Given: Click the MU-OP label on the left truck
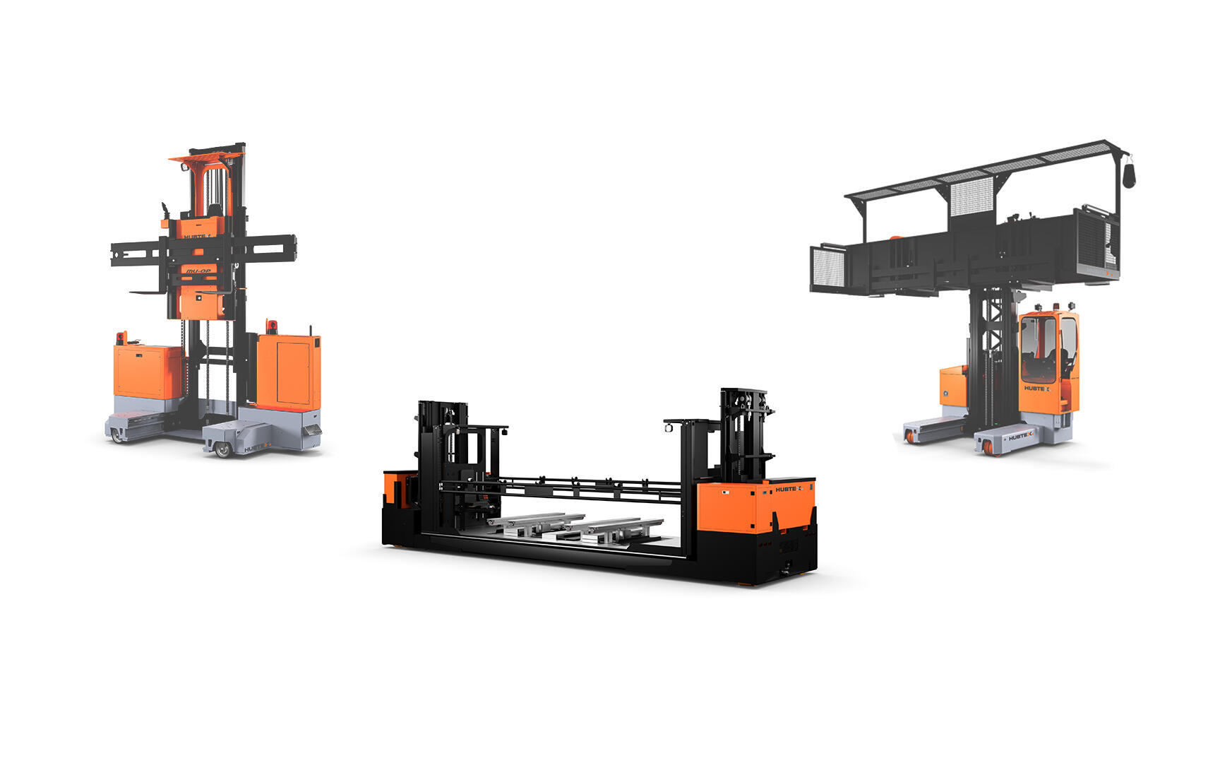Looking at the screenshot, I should point(198,271).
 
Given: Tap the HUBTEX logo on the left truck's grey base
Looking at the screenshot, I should point(256,447).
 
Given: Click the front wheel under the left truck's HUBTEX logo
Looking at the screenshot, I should point(223,449).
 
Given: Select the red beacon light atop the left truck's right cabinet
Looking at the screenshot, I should point(272,326).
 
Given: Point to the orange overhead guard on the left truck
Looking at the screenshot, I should point(206,157).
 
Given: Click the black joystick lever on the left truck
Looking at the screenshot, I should point(165,210).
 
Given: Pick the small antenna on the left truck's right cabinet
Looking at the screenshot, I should point(309,331).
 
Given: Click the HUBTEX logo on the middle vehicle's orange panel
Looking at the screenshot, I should point(789,489).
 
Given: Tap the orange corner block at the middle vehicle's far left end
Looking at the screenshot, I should point(390,487).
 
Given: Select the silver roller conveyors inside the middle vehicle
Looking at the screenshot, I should point(575,526).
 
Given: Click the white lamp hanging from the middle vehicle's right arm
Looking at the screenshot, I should point(667,427).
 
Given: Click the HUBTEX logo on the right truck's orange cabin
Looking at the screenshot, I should point(1036,388).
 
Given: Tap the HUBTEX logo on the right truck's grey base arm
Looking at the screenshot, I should point(1020,437).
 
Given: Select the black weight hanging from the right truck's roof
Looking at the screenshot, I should point(1128,175).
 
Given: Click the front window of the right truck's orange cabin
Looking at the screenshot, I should point(1037,347).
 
